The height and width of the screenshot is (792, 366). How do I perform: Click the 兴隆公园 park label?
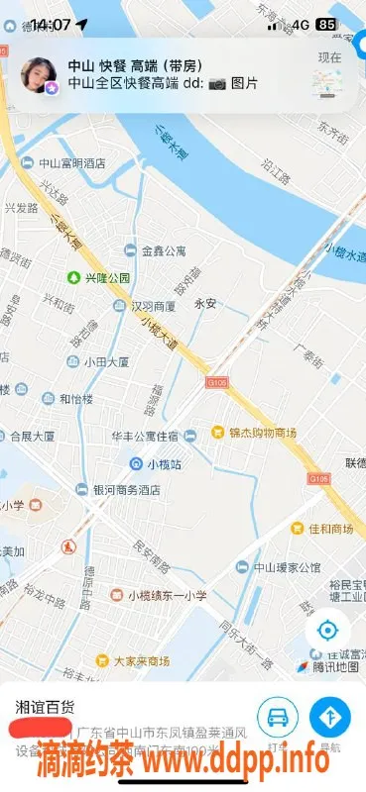[98, 278]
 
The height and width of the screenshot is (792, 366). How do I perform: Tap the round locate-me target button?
[327, 631]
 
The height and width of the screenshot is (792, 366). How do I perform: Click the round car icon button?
[279, 717]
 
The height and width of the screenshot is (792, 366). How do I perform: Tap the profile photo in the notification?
[39, 76]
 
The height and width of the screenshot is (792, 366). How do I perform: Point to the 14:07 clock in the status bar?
[50, 24]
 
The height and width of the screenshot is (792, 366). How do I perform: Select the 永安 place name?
[205, 304]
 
